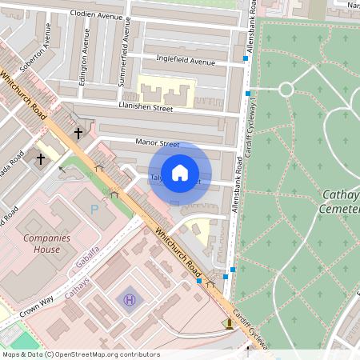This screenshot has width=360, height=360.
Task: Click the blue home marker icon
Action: pos(181,172)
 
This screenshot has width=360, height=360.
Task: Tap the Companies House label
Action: pos(41,243)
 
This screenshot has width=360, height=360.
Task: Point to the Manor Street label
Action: pos(158,144)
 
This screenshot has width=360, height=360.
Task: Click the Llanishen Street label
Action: pos(146,107)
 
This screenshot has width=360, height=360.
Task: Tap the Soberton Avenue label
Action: pos(37,57)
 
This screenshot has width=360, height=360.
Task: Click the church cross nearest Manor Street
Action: pos(78,133)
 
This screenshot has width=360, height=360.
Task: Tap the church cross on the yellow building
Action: pos(40,158)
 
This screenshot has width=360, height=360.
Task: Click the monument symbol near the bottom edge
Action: pos(230,324)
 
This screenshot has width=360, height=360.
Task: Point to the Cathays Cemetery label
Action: pos(341,201)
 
